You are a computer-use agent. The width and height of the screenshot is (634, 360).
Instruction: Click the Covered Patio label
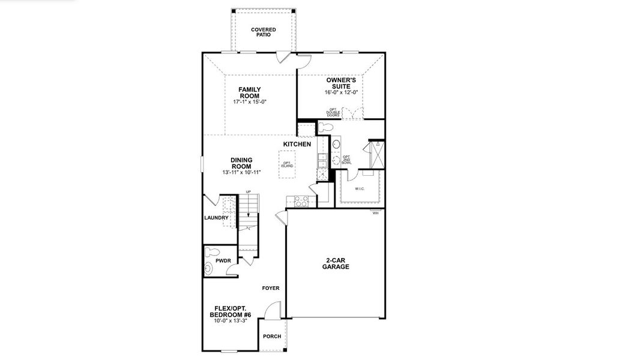tap(263, 32)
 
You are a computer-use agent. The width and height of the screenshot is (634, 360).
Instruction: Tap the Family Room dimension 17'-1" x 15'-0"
tap(249, 102)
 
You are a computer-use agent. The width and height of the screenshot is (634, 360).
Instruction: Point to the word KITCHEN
tap(297, 145)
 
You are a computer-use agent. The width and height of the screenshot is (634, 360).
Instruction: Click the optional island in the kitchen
tap(288, 164)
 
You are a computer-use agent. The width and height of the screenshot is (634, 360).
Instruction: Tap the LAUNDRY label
tap(216, 218)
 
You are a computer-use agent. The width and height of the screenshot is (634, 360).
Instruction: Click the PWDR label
tap(223, 261)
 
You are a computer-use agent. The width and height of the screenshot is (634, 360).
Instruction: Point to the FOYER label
tap(271, 289)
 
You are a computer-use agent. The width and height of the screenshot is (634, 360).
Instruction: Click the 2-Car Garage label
tap(336, 263)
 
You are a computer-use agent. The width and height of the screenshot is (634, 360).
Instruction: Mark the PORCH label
tap(272, 336)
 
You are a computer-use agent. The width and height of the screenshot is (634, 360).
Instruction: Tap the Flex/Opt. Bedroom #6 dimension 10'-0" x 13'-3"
tap(230, 321)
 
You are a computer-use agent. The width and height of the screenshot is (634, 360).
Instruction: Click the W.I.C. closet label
tap(360, 189)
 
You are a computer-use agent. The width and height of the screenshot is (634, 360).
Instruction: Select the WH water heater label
tap(375, 213)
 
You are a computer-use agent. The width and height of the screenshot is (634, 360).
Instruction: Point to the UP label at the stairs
tap(248, 192)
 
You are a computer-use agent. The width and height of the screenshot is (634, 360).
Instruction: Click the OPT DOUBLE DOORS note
tap(333, 112)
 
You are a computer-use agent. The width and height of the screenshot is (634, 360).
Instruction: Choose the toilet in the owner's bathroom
tap(325, 127)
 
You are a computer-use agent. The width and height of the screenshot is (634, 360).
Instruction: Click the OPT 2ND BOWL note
tap(346, 160)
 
